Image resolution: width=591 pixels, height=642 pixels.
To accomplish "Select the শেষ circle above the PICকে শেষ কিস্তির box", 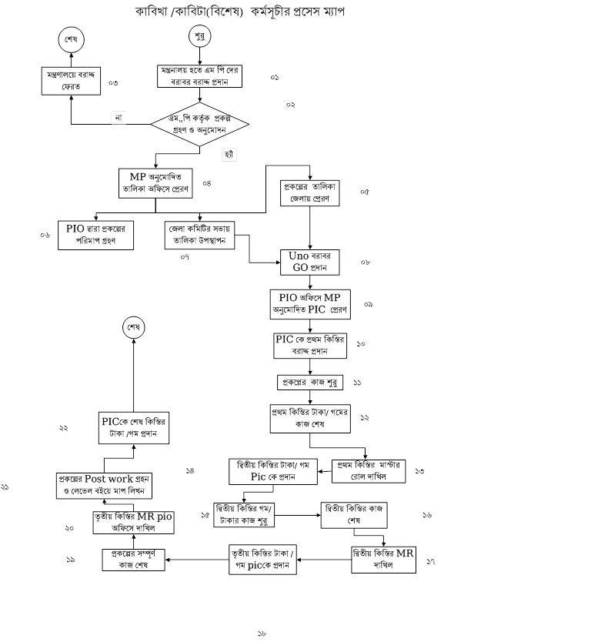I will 135,327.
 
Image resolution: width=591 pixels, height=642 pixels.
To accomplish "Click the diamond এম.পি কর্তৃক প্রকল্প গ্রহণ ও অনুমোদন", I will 200,124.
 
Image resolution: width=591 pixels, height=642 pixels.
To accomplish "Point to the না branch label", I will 119,118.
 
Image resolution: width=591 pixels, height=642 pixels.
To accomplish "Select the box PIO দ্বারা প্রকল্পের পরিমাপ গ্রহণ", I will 96,234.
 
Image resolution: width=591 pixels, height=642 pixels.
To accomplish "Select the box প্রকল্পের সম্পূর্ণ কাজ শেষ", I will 135,559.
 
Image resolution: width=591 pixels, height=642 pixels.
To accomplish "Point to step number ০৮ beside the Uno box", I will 366,262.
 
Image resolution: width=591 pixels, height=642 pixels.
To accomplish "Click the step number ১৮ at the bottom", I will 262,634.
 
